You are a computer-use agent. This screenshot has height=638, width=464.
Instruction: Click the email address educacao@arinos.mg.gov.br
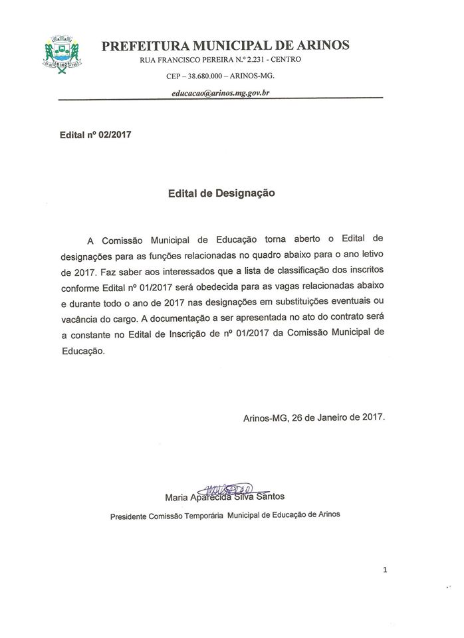pyautogui.click(x=219, y=93)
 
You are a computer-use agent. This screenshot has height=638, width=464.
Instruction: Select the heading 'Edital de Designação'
pyautogui.click(x=220, y=193)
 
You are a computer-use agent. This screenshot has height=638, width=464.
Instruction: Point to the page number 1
pyautogui.click(x=386, y=570)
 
